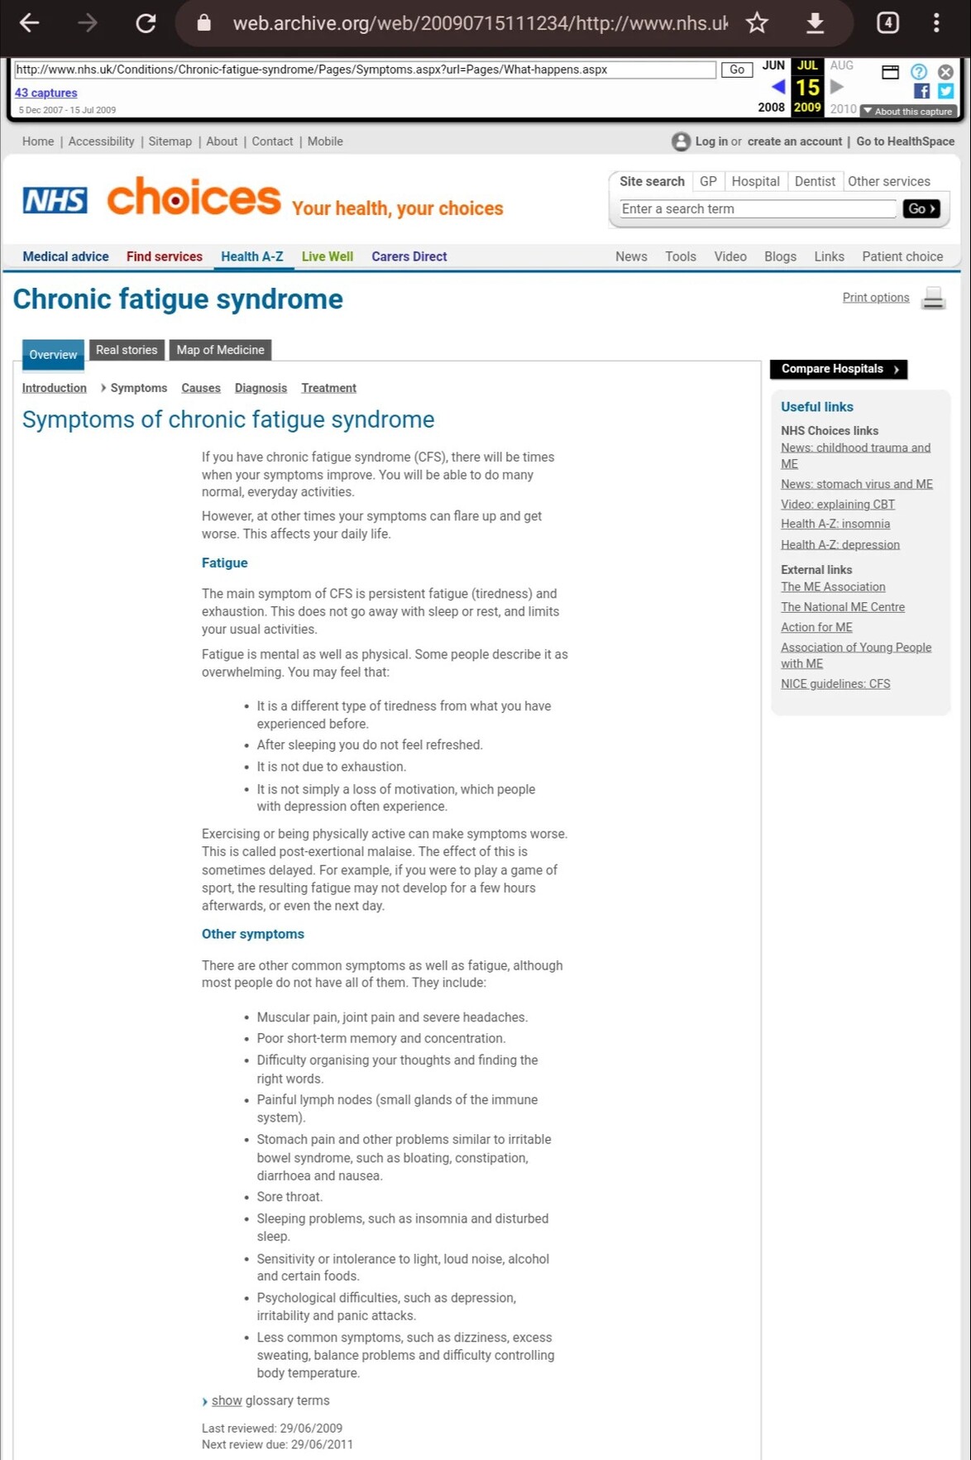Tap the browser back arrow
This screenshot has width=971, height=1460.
[x=30, y=23]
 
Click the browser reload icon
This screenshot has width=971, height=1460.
[x=146, y=23]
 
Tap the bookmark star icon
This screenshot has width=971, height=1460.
[x=757, y=23]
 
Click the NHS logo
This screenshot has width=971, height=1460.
[x=55, y=199]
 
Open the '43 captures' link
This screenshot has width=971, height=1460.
[x=46, y=93]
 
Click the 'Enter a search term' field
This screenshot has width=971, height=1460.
[x=758, y=209]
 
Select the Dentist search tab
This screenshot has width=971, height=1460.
[x=815, y=181]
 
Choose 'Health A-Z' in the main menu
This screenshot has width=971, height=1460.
[x=251, y=256]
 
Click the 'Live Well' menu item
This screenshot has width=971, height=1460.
[x=327, y=256]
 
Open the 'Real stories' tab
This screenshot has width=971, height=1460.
[x=127, y=350]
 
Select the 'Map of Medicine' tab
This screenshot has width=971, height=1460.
[x=220, y=350]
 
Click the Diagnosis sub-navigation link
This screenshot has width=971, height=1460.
[x=261, y=388]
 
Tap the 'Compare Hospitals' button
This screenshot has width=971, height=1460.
[x=838, y=369]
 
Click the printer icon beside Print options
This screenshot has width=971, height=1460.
[x=933, y=298]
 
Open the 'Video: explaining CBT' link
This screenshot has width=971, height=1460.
[x=837, y=504]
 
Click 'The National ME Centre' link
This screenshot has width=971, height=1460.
[x=842, y=607]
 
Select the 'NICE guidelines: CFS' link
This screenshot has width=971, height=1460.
[x=835, y=684]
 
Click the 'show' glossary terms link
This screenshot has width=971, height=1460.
[x=226, y=1400]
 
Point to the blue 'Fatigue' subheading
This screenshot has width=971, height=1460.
[x=224, y=562]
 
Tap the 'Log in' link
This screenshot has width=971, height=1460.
[x=710, y=141]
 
